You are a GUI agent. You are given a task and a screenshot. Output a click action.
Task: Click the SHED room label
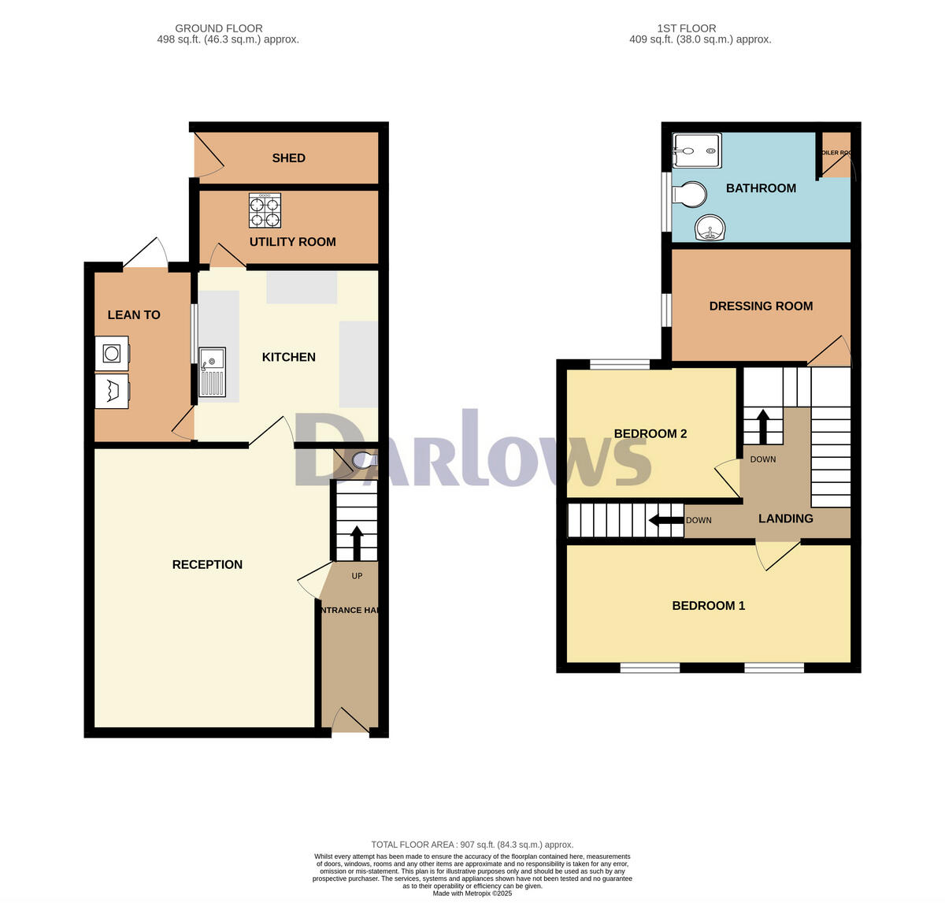tap(288, 158)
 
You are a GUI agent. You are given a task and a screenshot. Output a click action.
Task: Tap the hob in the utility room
tap(265, 210)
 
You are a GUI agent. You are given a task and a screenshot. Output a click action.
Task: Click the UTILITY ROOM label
tap(292, 242)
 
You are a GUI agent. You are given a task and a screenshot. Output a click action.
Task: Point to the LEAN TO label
tap(134, 315)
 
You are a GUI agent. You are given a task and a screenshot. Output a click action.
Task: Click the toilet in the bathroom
tap(690, 195)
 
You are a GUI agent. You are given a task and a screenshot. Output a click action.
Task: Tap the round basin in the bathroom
tap(710, 229)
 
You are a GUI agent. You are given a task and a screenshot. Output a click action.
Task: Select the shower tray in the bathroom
tap(697, 150)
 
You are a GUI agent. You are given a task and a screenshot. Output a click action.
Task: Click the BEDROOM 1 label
tap(708, 606)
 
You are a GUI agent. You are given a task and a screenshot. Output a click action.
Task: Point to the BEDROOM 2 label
tap(650, 434)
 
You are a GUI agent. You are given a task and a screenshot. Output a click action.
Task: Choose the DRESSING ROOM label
tap(761, 307)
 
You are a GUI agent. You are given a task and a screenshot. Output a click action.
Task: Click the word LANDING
tap(785, 518)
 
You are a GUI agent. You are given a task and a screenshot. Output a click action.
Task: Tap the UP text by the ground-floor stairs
tap(357, 576)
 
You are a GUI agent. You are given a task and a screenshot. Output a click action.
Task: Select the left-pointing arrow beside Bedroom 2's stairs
tap(665, 520)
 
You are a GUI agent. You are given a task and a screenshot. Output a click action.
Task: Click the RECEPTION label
tap(207, 565)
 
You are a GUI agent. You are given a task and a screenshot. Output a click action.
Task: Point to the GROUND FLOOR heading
tap(219, 28)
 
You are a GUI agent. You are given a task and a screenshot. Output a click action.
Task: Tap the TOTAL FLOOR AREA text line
tap(472, 845)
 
